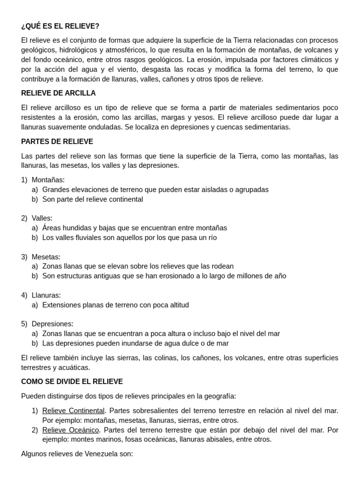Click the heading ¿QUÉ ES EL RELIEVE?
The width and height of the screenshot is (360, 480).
pos(60,26)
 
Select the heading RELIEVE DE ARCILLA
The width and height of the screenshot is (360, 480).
pos(58,93)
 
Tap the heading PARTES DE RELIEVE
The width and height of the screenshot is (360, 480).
pos(57,142)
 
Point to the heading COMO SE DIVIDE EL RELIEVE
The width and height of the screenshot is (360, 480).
pos(72,382)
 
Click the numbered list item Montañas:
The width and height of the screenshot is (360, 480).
pos(48,180)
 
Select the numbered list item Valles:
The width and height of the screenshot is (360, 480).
pos(42,218)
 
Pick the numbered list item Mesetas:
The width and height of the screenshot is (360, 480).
pos(46,257)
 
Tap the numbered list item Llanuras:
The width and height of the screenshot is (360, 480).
pos(46,295)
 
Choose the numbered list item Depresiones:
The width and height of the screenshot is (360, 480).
pos(52,324)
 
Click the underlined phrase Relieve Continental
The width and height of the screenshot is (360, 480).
pos(73,411)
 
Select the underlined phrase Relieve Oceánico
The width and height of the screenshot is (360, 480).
pos(70,430)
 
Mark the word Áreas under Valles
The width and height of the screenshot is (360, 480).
pos(52,228)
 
